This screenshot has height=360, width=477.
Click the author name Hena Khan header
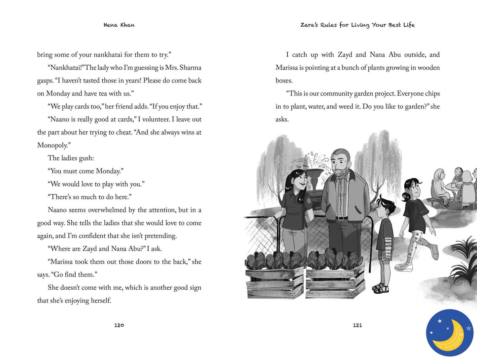[x=119, y=25]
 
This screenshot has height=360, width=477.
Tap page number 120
[x=119, y=325]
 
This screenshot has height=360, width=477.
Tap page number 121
[x=357, y=325]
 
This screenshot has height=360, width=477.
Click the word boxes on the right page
[x=284, y=81]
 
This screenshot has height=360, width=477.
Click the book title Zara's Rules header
[x=357, y=25]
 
